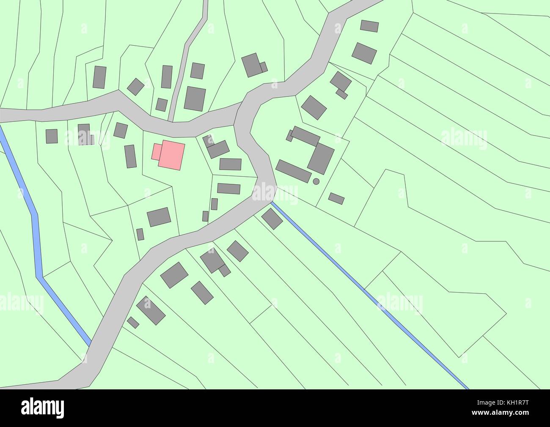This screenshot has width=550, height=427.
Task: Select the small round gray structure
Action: [x=316, y=181]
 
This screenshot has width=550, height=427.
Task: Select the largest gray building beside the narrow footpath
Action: [x=195, y=99]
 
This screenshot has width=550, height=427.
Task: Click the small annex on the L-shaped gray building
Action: [x=289, y=135]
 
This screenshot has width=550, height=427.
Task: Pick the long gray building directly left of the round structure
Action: [x=294, y=171]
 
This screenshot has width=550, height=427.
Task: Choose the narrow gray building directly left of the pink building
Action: [x=130, y=156]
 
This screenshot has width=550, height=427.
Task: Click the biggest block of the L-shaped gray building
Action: [x=321, y=158]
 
